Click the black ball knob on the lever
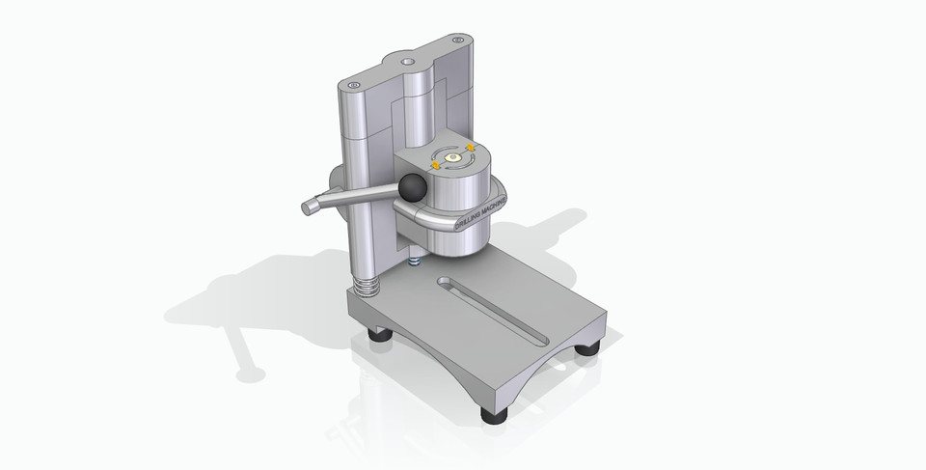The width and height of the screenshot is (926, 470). click(x=413, y=187)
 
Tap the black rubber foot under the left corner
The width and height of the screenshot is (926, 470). click(x=381, y=334)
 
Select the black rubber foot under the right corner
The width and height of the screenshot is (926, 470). click(x=588, y=346)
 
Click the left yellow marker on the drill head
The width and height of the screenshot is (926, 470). click(x=436, y=165)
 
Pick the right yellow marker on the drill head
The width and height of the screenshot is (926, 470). click(x=470, y=147)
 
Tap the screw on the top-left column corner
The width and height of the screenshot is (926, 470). click(x=354, y=86)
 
